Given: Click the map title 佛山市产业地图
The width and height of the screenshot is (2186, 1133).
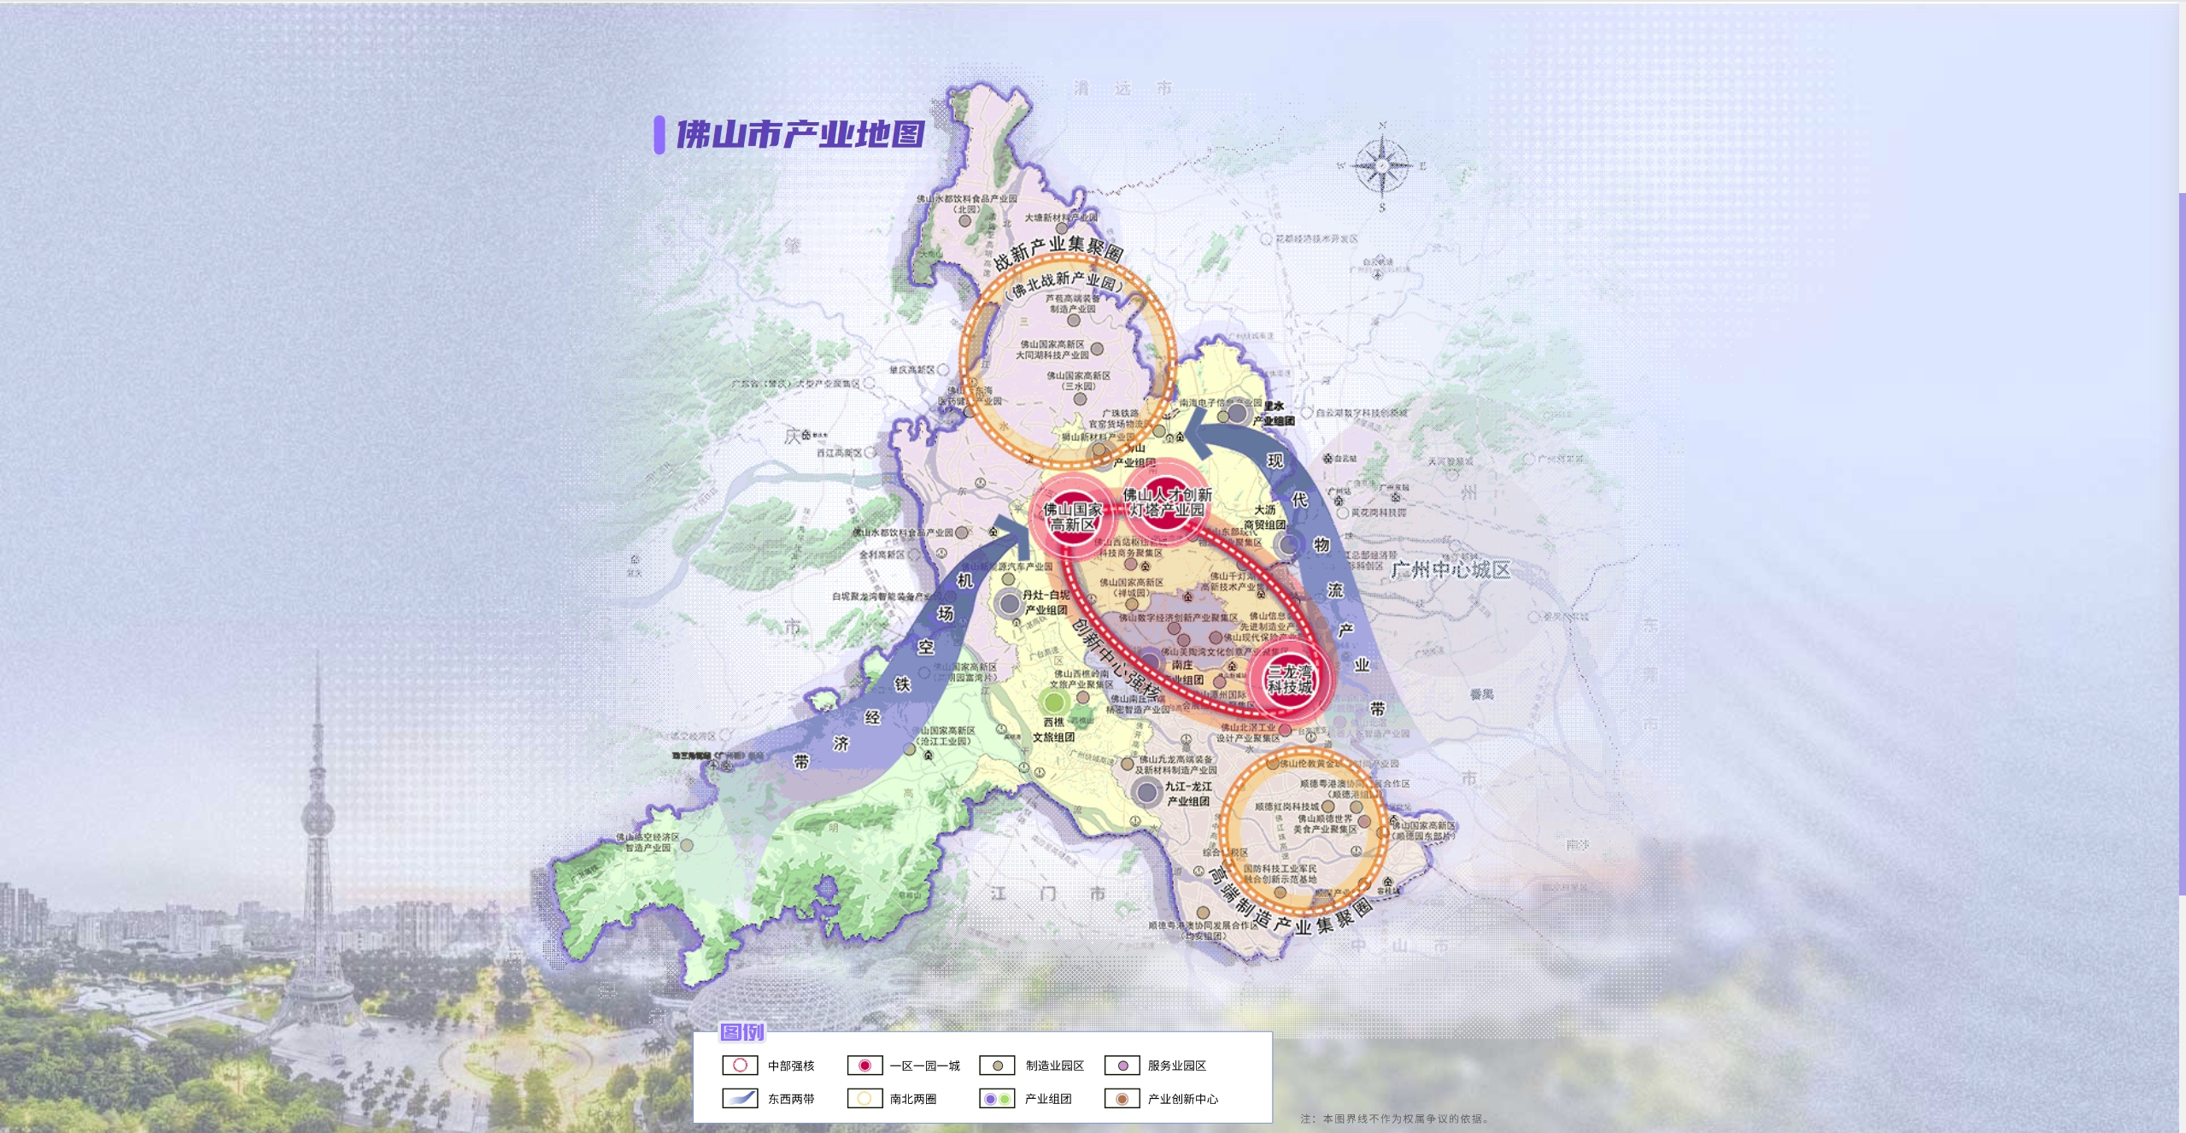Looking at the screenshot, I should pyautogui.click(x=800, y=135).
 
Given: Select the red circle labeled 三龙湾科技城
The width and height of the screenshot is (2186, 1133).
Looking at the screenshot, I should pyautogui.click(x=1289, y=680).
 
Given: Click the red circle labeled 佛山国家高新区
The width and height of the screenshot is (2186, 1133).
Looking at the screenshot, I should pyautogui.click(x=1072, y=517).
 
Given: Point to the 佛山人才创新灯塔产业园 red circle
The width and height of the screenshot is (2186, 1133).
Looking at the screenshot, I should pyautogui.click(x=1167, y=502).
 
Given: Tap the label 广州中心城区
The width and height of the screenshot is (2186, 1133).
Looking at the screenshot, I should pyautogui.click(x=1450, y=570).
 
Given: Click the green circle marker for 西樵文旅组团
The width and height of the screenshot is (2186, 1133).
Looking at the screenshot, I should pyautogui.click(x=1054, y=702).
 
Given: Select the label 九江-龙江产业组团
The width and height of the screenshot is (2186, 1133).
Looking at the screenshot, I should pyautogui.click(x=1188, y=794).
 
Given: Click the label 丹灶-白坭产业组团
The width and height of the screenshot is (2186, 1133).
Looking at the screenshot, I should pyautogui.click(x=1046, y=602).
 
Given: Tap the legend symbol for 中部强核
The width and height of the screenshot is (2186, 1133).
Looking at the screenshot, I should pyautogui.click(x=740, y=1065).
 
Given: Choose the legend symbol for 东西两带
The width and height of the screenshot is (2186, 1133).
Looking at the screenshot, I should pyautogui.click(x=740, y=1098).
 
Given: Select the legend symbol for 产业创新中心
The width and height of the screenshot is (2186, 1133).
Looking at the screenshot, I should pyautogui.click(x=1122, y=1098).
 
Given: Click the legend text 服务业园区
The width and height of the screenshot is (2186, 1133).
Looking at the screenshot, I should pyautogui.click(x=1176, y=1065).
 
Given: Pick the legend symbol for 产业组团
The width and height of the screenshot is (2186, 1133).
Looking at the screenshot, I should pyautogui.click(x=997, y=1098).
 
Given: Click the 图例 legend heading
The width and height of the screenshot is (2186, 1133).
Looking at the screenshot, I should pyautogui.click(x=741, y=1032).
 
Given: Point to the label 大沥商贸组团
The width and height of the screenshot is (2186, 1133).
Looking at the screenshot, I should pyautogui.click(x=1264, y=517).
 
